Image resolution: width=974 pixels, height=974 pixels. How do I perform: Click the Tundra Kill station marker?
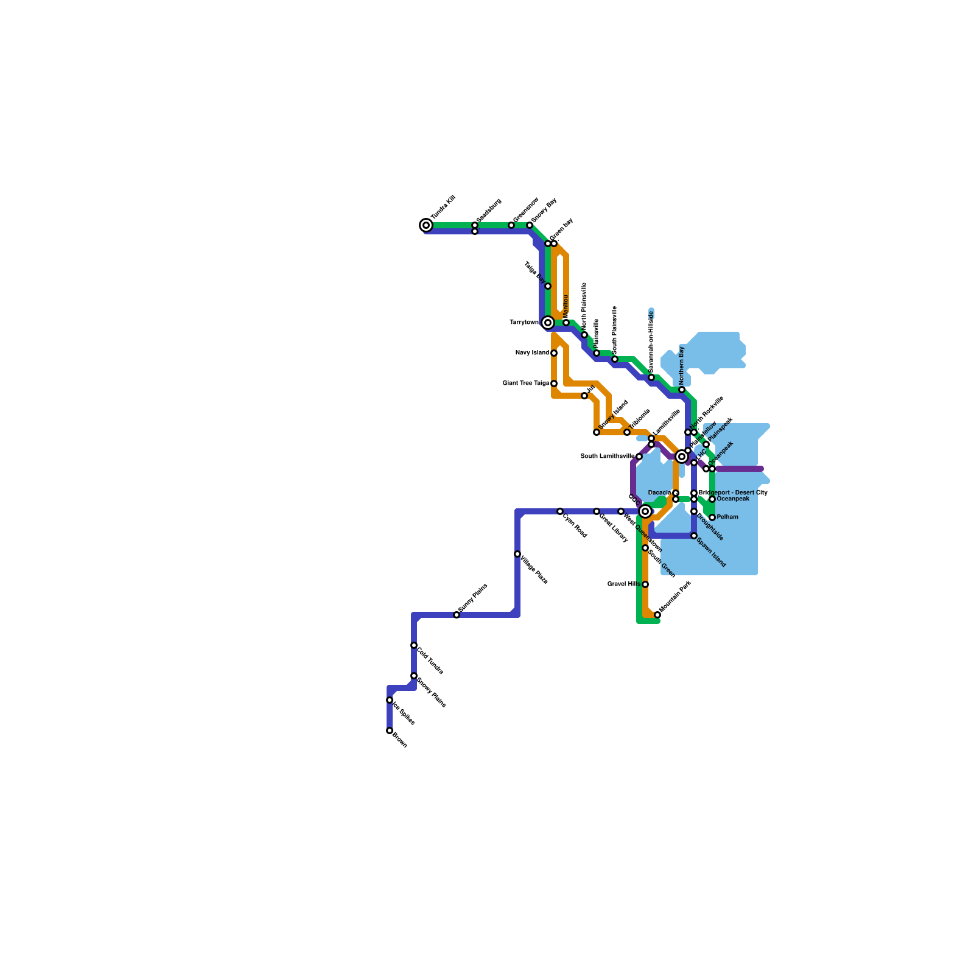[426, 225]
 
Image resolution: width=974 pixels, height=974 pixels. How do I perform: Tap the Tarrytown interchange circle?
[548, 323]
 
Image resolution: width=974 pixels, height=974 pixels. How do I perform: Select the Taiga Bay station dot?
[548, 286]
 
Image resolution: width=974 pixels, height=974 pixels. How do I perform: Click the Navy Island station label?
[532, 353]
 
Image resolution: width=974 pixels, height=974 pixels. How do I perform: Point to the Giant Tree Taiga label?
[526, 384]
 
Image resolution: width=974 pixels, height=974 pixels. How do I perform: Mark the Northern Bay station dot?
[682, 390]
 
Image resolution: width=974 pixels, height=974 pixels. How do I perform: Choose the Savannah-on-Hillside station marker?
[651, 377]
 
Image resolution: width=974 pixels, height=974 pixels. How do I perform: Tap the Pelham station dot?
[712, 517]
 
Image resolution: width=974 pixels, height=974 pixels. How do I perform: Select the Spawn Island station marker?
[694, 536]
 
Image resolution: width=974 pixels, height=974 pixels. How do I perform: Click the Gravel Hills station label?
[624, 584]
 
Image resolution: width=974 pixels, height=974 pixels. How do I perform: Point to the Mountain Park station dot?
[657, 615]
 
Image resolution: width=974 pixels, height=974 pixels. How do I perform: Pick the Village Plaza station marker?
[517, 554]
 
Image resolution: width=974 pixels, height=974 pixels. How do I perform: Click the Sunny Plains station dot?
[457, 615]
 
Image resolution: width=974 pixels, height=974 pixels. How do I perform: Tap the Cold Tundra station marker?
[414, 645]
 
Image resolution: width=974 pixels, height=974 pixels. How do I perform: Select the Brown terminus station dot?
[390, 730]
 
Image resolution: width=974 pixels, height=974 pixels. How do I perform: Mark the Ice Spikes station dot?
[390, 700]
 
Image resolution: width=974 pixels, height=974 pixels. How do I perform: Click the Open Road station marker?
[560, 511]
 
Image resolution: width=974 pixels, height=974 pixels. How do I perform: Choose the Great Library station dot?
[597, 511]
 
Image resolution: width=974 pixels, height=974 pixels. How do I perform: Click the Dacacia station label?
[659, 493]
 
